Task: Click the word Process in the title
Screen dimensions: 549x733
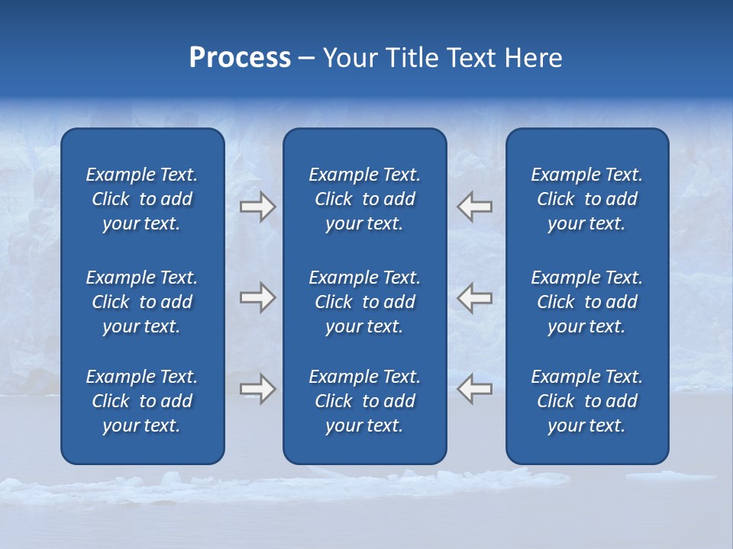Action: (240, 58)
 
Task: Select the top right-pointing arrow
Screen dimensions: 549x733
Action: (257, 206)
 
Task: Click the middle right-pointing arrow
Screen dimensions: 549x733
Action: (257, 297)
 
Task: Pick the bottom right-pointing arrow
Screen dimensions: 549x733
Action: (257, 389)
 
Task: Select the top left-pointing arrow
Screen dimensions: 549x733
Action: (474, 206)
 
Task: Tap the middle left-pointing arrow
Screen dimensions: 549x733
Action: (474, 297)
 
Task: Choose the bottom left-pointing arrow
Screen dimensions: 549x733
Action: (474, 389)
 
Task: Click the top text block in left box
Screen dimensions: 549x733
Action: (142, 199)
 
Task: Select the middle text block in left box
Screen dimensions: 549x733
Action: (142, 302)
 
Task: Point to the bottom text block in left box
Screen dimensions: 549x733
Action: (142, 401)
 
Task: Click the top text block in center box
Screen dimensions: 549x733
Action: (365, 199)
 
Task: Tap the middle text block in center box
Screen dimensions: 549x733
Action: (365, 302)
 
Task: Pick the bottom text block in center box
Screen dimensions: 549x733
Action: (365, 401)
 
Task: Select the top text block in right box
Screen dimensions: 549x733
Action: (587, 199)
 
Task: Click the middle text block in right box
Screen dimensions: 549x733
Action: (587, 302)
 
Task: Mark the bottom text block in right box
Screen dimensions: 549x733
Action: (587, 401)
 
